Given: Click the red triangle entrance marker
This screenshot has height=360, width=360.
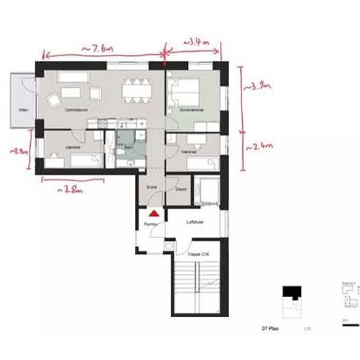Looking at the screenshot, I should point(154,213).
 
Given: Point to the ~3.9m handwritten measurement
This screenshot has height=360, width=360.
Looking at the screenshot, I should point(257,86).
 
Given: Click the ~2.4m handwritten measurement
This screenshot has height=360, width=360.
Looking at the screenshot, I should point(258,148).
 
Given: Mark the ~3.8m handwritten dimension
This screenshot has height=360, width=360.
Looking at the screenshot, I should point(71,189).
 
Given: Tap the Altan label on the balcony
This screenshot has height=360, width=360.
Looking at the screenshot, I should point(23,110).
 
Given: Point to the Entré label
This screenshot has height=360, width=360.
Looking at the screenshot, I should point(151,187).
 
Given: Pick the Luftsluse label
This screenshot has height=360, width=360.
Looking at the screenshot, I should point(194,223).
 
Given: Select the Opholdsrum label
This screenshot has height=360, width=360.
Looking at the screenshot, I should point(67,110).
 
